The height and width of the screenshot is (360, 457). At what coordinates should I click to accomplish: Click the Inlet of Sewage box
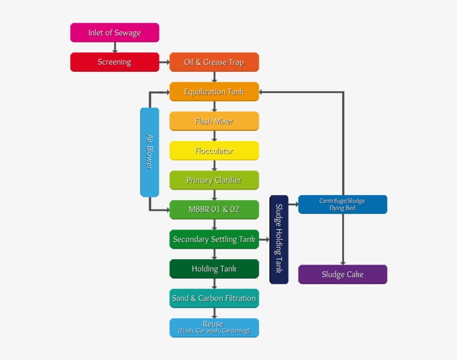[x=114, y=33]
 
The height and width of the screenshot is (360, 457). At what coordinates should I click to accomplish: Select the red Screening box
[x=114, y=62]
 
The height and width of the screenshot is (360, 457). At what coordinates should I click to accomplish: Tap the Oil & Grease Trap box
[x=214, y=62]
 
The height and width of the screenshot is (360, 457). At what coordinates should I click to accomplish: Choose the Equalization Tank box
[x=214, y=92]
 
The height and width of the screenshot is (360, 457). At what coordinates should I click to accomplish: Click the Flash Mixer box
[x=214, y=121]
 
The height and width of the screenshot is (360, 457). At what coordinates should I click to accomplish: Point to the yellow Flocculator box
[x=214, y=151]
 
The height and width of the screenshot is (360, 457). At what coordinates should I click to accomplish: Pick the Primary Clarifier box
[x=214, y=181]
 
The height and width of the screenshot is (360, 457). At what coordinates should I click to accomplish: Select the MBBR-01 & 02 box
[x=214, y=210]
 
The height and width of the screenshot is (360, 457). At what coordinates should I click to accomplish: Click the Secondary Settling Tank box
[x=214, y=239]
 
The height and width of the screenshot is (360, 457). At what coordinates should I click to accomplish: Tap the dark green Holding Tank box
[x=214, y=269]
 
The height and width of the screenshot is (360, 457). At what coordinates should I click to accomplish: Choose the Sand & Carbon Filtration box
[x=214, y=298]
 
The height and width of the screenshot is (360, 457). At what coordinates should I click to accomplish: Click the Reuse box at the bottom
[x=214, y=327]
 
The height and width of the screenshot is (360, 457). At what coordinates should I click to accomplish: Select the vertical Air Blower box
[x=149, y=152]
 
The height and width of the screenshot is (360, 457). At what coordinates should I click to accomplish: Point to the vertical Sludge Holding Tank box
[x=279, y=239]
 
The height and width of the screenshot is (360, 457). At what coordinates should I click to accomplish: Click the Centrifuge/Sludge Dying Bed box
[x=342, y=205]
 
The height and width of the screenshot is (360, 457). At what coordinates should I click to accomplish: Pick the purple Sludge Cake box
[x=342, y=274]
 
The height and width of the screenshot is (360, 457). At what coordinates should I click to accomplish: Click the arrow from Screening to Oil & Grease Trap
[x=164, y=62]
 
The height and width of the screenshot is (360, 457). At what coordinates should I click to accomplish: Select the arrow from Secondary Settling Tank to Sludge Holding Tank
[x=264, y=240]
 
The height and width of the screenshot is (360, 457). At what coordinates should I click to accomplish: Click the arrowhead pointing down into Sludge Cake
[x=343, y=262]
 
